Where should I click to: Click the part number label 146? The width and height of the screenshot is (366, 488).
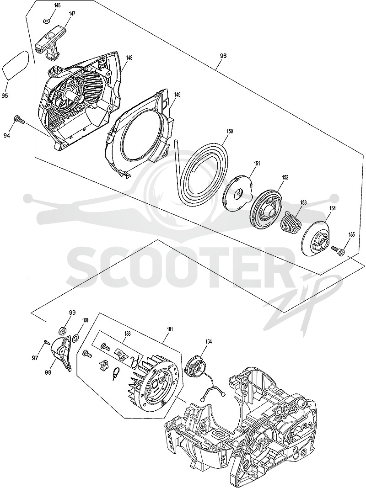pyautogui.click(x=48, y=6)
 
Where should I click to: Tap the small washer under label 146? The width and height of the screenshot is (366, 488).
pyautogui.click(x=46, y=21)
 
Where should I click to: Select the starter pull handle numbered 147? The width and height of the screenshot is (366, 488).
pyautogui.click(x=50, y=42)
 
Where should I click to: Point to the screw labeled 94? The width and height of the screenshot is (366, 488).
pyautogui.click(x=18, y=119)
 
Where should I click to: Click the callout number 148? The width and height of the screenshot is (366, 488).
pyautogui.click(x=129, y=58)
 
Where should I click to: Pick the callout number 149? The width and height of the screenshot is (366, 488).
pyautogui.click(x=177, y=94)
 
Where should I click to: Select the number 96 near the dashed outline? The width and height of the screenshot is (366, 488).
pyautogui.click(x=223, y=56)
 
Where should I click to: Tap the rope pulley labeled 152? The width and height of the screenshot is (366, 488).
pyautogui.click(x=267, y=212)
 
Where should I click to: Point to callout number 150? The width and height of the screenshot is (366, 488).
pyautogui.click(x=229, y=131)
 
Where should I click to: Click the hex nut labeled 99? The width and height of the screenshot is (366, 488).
pyautogui.click(x=62, y=329)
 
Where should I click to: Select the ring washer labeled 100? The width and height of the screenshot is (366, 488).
pyautogui.click(x=75, y=338)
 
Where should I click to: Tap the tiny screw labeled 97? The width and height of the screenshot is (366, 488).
pyautogui.click(x=46, y=342)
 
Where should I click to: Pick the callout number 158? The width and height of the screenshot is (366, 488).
pyautogui.click(x=127, y=333)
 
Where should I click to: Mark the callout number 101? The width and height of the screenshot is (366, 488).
pyautogui.click(x=170, y=329)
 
